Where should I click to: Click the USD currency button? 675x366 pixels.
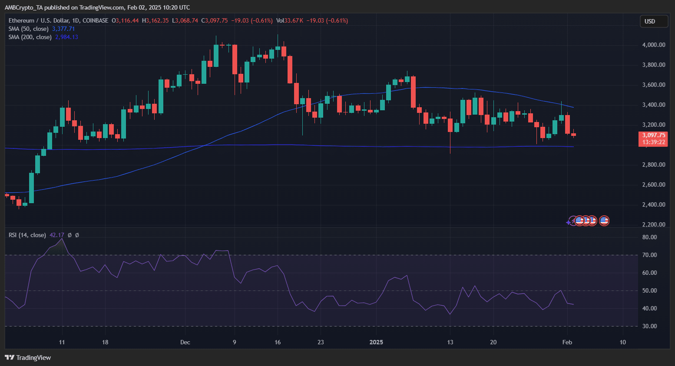653,21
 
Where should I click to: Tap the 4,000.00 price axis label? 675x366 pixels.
653,45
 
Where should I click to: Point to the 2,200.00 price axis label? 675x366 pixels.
653,224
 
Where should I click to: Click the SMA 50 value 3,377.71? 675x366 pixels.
63,29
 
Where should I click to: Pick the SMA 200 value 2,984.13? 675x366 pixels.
66,37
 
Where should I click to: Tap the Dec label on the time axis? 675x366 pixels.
185,342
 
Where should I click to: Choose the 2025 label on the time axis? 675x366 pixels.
376,342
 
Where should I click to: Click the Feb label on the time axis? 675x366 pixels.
567,342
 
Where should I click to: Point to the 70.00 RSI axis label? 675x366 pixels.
649,255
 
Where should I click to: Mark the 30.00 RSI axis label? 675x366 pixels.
649,326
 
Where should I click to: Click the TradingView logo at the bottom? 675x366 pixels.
28,357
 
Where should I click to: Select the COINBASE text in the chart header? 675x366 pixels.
95,20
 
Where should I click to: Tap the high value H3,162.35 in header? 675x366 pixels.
155,20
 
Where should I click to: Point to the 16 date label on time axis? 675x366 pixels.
278,342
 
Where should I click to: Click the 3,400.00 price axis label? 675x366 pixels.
653,105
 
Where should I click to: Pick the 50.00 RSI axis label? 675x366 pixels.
649,290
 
